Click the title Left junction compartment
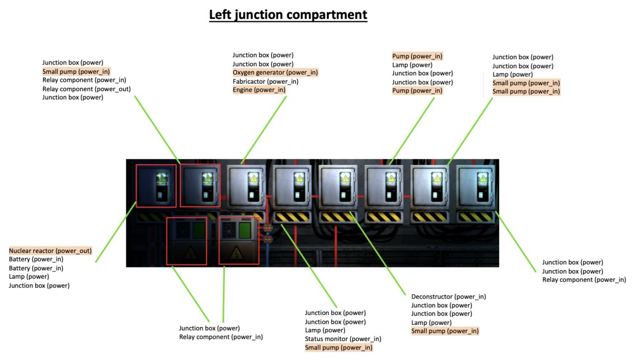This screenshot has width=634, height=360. click(288, 15)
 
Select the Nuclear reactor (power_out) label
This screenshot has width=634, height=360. click(51, 251)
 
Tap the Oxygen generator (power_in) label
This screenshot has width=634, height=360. click(275, 73)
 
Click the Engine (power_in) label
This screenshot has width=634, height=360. click(259, 90)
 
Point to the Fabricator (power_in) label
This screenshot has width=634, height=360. click(265, 82)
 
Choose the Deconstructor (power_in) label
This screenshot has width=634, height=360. click(448, 297)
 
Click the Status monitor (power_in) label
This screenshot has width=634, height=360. click(343, 339)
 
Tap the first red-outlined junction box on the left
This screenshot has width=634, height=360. click(156, 186)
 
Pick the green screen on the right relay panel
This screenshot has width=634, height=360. click(244, 231)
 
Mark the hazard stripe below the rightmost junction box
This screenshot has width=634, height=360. click(475, 217)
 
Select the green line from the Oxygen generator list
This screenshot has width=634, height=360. click(264, 129)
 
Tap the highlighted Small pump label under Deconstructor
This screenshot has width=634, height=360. click(445, 331)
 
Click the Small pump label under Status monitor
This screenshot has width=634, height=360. click(338, 348)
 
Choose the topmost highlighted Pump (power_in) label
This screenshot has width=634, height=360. click(418, 56)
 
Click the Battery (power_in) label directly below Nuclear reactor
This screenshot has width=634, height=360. click(36, 259)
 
